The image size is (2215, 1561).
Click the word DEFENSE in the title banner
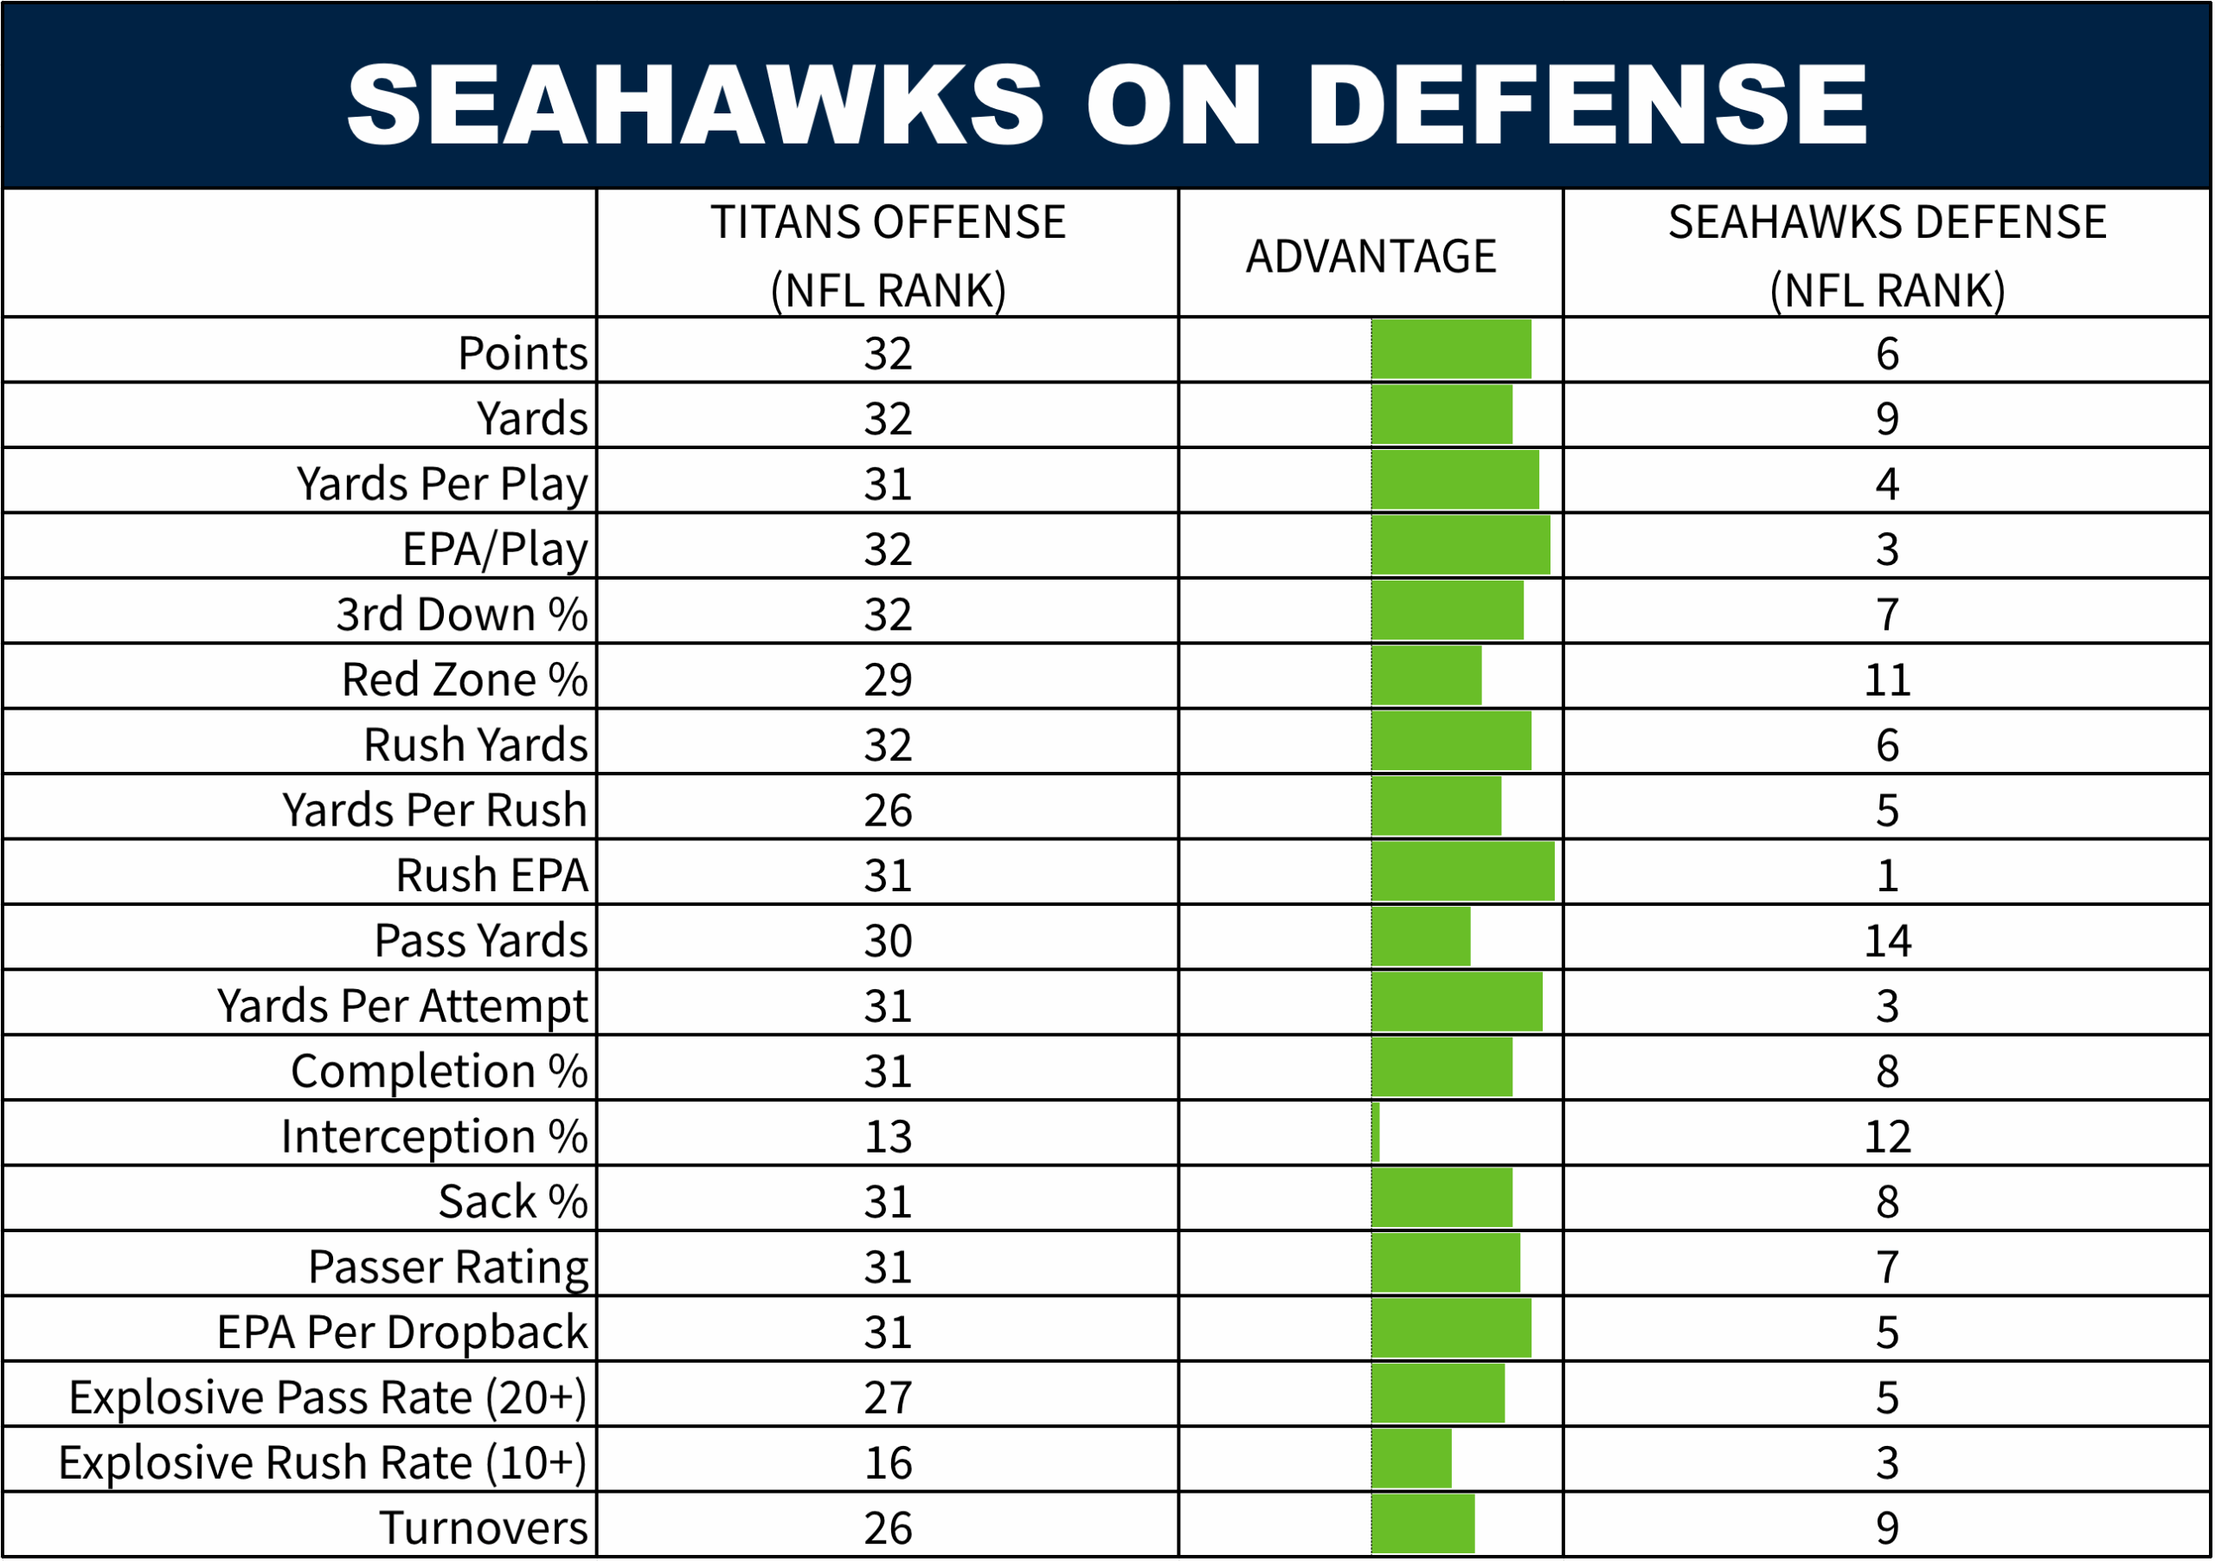click(1586, 104)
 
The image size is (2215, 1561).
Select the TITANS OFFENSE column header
click(888, 254)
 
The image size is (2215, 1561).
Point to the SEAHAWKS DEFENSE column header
click(1887, 254)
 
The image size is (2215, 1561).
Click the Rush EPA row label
click(491, 876)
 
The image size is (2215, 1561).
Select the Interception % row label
click(434, 1136)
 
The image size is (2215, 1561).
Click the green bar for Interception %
click(1376, 1134)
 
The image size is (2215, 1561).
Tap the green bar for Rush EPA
click(1462, 872)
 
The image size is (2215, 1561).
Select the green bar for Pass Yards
click(1421, 938)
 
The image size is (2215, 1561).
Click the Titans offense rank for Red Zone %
click(888, 680)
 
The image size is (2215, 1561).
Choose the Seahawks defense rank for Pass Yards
click(1887, 941)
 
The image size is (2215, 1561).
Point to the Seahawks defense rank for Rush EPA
click(1887, 876)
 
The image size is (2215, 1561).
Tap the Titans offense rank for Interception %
click(888, 1136)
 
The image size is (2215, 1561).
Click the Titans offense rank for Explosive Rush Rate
click(888, 1462)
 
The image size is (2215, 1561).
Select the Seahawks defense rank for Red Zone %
click(1887, 680)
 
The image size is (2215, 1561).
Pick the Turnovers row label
click(484, 1528)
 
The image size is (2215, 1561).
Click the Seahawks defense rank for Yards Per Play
click(1887, 485)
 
